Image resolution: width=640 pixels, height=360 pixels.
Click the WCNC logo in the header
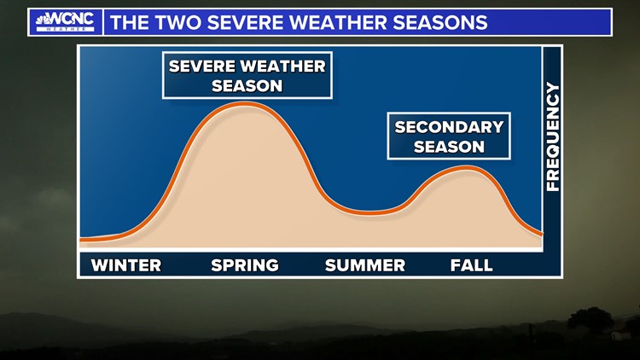tap(65, 21)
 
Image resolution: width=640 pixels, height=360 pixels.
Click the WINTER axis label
tap(126, 265)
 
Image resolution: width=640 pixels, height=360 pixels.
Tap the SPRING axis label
tap(245, 265)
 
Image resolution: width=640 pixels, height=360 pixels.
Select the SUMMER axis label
tap(365, 265)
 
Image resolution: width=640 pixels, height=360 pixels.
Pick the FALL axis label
tap(472, 265)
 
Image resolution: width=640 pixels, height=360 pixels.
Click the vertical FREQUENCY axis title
tap(553, 136)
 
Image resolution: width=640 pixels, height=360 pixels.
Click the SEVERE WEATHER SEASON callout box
tap(247, 76)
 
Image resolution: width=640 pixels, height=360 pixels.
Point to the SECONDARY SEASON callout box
tap(449, 136)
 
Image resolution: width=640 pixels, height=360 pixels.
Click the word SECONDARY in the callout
tap(449, 127)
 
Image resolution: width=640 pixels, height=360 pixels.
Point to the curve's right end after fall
tap(539, 232)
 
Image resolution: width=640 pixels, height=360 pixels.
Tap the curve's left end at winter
tap(82, 239)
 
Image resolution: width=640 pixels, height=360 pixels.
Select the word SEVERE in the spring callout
tap(204, 67)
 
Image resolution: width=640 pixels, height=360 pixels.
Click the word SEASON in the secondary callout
tap(449, 147)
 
